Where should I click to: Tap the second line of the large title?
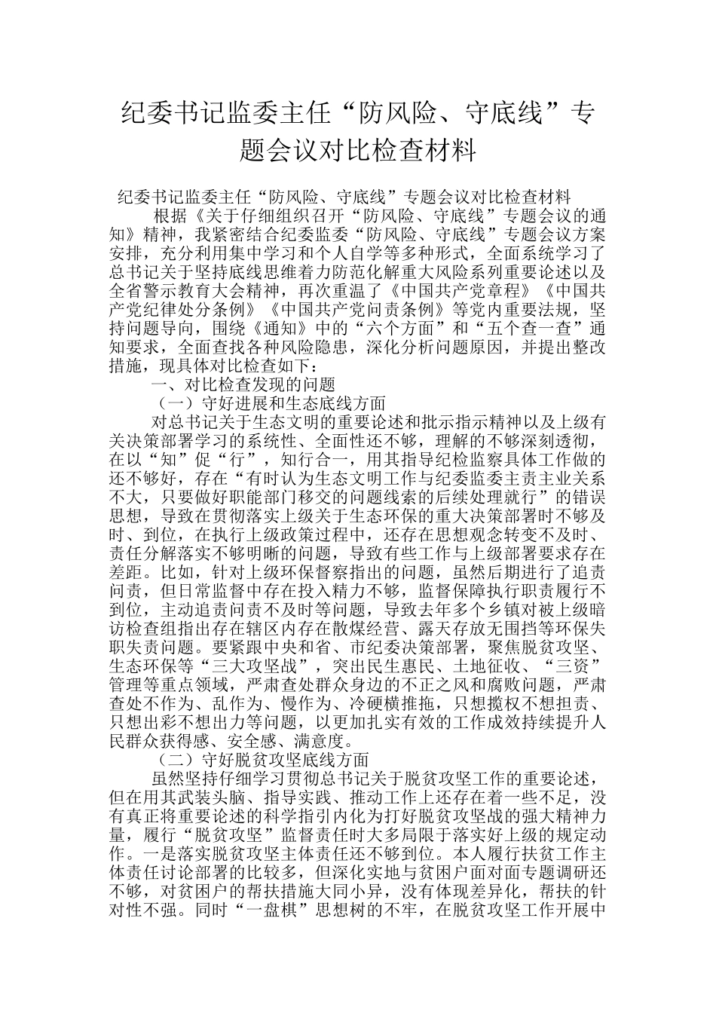click(358, 151)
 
